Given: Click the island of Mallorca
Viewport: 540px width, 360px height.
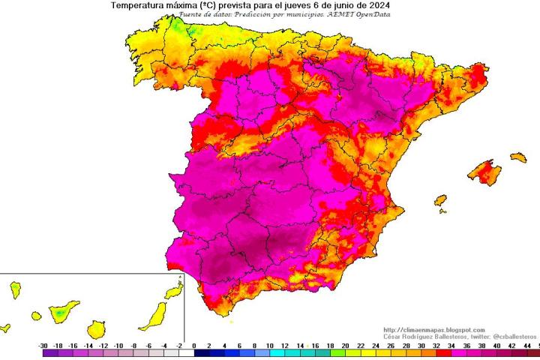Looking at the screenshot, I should tap(484, 172).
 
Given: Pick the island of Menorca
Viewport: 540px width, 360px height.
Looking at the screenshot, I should tap(518, 157).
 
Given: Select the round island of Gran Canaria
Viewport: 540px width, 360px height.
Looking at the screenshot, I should tap(95, 328).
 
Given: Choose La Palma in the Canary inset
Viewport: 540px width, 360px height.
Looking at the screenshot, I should tap(14, 290).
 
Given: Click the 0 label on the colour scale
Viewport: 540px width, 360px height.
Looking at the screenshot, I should tap(194, 345).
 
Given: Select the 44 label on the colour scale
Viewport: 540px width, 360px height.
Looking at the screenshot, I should tap(527, 345).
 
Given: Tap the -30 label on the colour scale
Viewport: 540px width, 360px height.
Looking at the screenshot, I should tap(43, 345).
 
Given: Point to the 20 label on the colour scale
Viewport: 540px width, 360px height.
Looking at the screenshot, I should tap(345, 345).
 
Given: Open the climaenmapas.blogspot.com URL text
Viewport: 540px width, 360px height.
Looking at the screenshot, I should tap(433, 330).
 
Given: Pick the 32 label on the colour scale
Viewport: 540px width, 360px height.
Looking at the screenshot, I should tap(436, 345).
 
